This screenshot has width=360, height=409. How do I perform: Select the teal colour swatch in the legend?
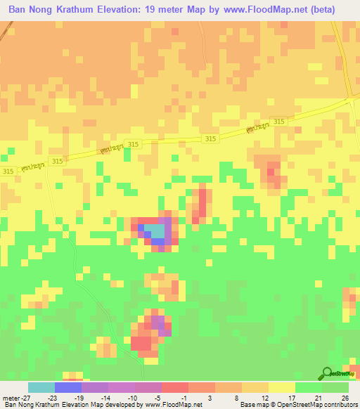tap(41, 387)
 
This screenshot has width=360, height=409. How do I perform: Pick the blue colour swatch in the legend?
tap(67, 387)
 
